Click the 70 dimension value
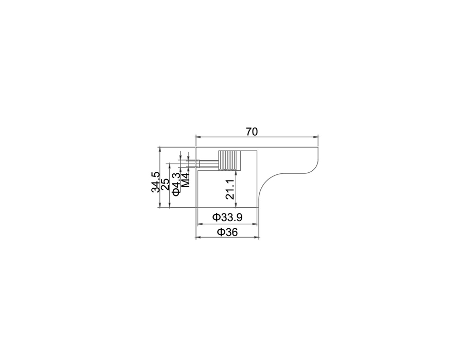point(252,132)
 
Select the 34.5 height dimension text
point(155,182)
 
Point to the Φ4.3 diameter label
point(176,184)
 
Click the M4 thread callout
point(185,180)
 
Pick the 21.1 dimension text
point(230,189)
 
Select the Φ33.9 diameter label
point(227,218)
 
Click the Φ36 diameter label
point(227,232)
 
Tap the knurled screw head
point(230,160)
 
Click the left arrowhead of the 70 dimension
point(198,137)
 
